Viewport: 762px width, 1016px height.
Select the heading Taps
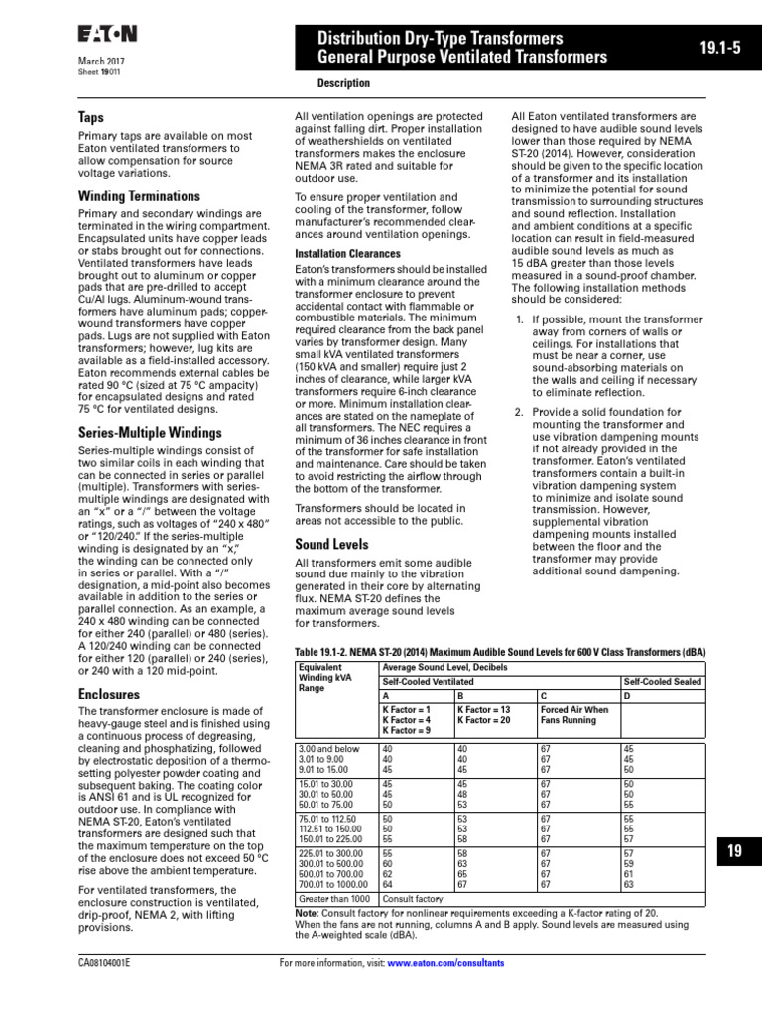tap(91, 117)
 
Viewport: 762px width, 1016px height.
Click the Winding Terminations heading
tap(139, 196)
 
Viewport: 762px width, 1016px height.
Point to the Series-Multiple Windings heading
tap(150, 433)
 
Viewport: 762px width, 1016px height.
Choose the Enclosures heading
tap(110, 695)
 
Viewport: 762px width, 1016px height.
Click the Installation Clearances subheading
tap(348, 254)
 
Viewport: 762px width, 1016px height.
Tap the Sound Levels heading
tap(331, 544)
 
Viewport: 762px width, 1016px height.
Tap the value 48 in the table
tap(462, 793)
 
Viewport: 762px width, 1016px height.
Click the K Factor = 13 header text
tap(484, 710)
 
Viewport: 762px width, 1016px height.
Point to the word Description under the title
tap(343, 84)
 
